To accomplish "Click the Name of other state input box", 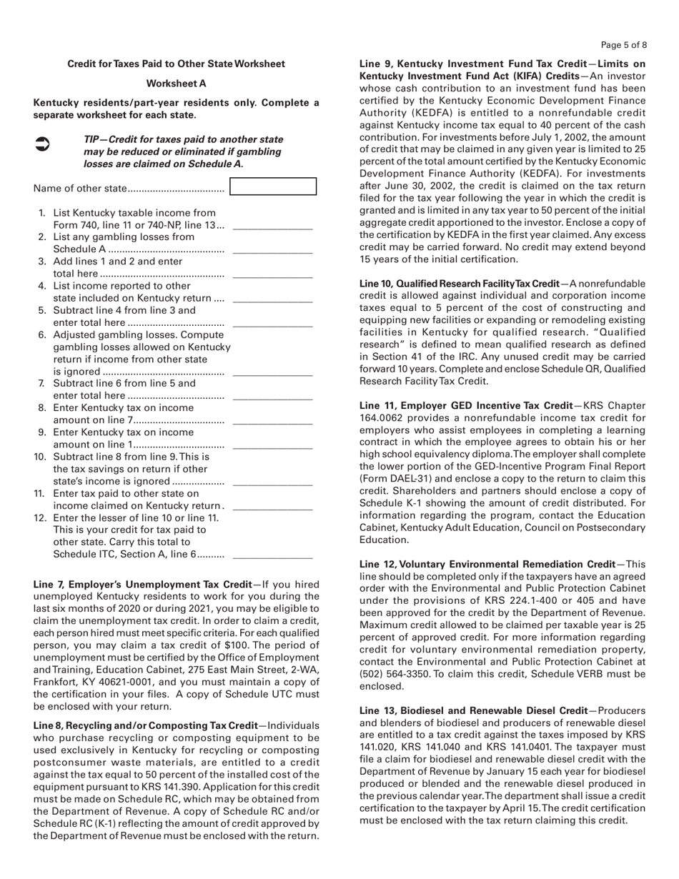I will [x=273, y=187].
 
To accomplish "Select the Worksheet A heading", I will [x=176, y=84].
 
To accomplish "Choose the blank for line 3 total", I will [x=273, y=274].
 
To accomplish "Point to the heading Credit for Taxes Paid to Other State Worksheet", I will [x=176, y=64].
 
